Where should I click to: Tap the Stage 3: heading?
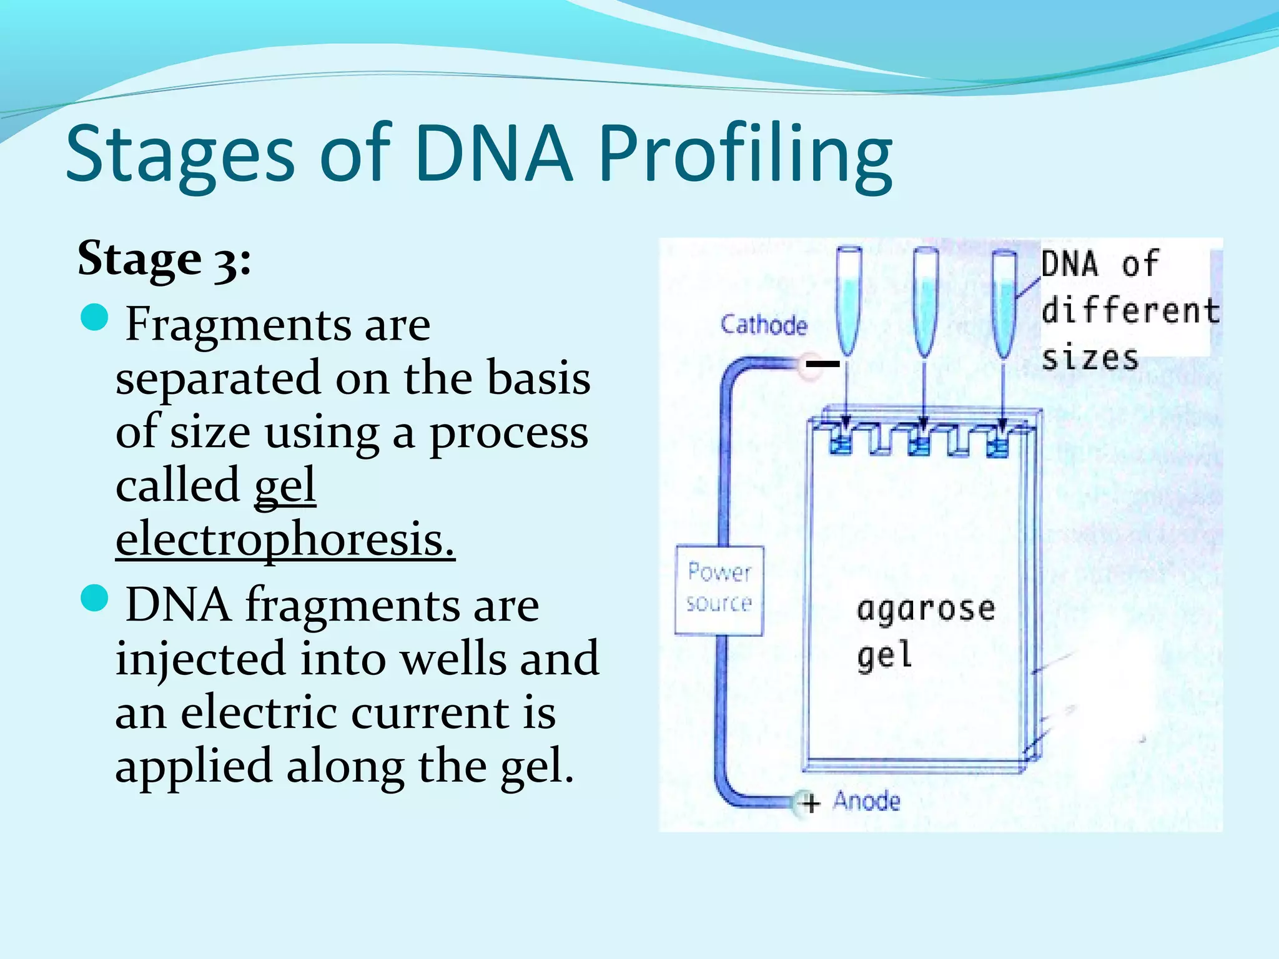click(164, 258)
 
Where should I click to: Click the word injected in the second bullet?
click(200, 658)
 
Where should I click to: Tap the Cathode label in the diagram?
click(763, 325)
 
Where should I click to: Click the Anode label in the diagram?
click(866, 801)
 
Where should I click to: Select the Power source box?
click(719, 590)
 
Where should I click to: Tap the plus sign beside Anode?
click(811, 803)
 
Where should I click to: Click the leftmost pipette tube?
click(849, 300)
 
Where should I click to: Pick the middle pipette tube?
click(926, 300)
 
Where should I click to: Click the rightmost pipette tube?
click(1004, 300)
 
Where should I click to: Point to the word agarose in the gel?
click(926, 609)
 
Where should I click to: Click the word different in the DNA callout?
click(1130, 310)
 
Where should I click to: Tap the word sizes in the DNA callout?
click(1090, 358)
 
